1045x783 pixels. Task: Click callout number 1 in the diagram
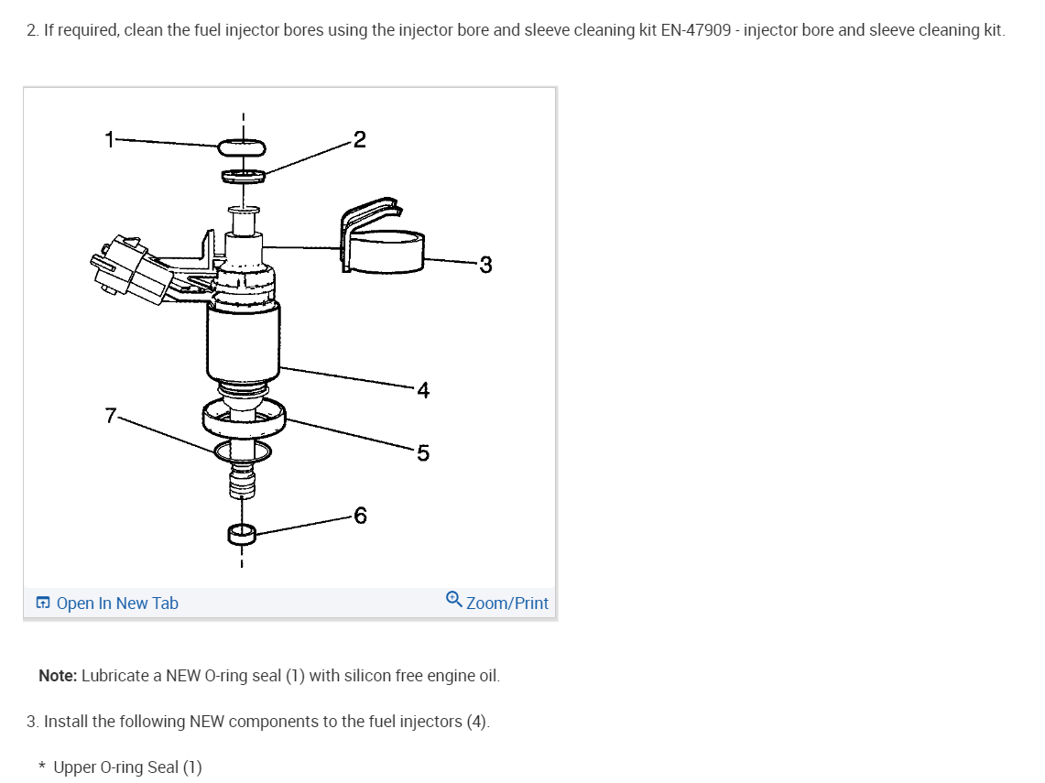tap(110, 140)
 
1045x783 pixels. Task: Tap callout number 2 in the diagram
tap(359, 139)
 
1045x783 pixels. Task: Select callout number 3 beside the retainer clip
tap(485, 265)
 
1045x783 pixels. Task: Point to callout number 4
tap(422, 390)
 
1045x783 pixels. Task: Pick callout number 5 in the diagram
tap(422, 452)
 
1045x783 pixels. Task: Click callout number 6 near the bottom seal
tap(360, 517)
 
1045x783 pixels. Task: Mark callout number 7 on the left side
tap(111, 416)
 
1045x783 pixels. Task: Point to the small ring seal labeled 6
tap(242, 533)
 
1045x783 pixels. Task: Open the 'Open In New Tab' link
tap(117, 604)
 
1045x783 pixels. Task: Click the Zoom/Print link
tap(507, 604)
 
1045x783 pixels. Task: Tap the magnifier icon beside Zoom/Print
tap(454, 600)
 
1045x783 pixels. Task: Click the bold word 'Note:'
tap(58, 676)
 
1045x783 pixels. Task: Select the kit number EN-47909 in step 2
tap(695, 30)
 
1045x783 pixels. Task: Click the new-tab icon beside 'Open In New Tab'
tap(43, 604)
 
